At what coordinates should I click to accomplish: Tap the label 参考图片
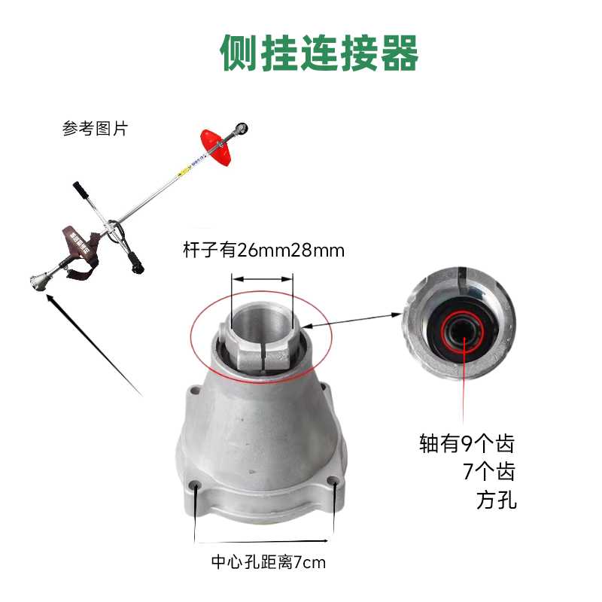pyautogui.click(x=95, y=129)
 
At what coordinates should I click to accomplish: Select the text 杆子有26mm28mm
pyautogui.click(x=263, y=251)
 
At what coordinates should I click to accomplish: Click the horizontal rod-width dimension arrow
pyautogui.click(x=262, y=278)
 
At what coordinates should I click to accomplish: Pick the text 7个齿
pyautogui.click(x=489, y=472)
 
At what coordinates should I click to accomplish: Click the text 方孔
pyautogui.click(x=497, y=500)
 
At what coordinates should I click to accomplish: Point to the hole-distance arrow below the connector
pyautogui.click(x=263, y=540)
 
